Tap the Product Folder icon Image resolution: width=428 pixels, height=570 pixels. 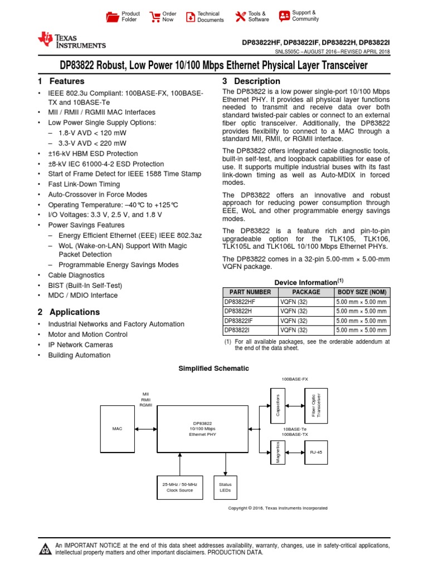click(x=112, y=17)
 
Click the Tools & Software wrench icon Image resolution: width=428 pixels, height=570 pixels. click(x=240, y=17)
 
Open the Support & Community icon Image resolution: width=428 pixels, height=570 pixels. click(x=284, y=16)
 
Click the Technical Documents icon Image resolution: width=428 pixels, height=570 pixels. click(x=191, y=17)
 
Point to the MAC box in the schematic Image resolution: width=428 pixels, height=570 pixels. click(x=116, y=429)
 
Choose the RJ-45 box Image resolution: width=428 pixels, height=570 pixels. click(x=316, y=453)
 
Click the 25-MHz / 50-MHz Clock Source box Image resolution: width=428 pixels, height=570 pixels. click(x=179, y=487)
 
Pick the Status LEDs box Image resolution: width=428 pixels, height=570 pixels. click(x=225, y=487)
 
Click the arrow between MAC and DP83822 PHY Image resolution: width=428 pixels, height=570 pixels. click(x=146, y=429)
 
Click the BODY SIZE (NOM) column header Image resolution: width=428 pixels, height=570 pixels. click(x=361, y=292)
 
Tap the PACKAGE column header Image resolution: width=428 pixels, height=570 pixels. click(x=306, y=292)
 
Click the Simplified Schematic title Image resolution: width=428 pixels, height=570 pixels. click(x=213, y=368)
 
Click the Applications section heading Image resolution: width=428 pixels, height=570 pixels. click(x=74, y=312)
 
